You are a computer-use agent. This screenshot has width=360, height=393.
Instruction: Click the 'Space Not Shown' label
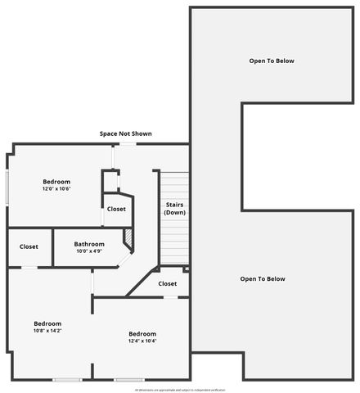coord(125,133)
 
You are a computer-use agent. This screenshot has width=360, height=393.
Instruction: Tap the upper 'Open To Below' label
coord(272,61)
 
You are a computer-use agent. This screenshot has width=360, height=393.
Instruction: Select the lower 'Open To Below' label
coord(263,279)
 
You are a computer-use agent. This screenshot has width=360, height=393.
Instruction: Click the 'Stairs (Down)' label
coord(174,208)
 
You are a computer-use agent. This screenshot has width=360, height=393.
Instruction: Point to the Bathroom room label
coord(89,243)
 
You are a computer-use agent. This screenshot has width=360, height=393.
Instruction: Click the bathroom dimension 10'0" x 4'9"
coord(89,251)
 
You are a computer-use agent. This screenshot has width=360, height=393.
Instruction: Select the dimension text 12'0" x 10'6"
coord(56,189)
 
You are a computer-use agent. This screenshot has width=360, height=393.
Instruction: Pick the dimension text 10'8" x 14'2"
coord(47,330)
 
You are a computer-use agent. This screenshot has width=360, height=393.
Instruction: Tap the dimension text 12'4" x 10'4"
coord(142,341)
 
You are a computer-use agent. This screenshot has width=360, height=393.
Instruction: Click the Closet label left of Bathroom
coord(29,246)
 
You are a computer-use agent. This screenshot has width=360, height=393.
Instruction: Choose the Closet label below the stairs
coord(168,284)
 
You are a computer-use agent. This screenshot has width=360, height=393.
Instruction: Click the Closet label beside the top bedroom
coord(116,209)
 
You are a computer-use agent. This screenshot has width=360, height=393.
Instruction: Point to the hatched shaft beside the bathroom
coord(128,237)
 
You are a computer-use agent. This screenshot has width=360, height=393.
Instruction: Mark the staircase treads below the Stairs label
coord(173,240)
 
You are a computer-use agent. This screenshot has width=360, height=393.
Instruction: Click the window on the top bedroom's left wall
coord(8,188)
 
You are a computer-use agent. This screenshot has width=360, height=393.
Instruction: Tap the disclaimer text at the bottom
coord(180,390)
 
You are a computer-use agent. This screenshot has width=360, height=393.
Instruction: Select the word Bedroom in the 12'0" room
coord(56,182)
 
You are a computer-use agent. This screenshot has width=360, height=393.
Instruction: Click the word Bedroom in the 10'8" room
coord(47,323)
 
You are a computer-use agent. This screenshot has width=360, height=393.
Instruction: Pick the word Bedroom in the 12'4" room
coord(142,333)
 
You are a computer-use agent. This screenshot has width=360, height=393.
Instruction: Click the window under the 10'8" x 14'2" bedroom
coord(67,379)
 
